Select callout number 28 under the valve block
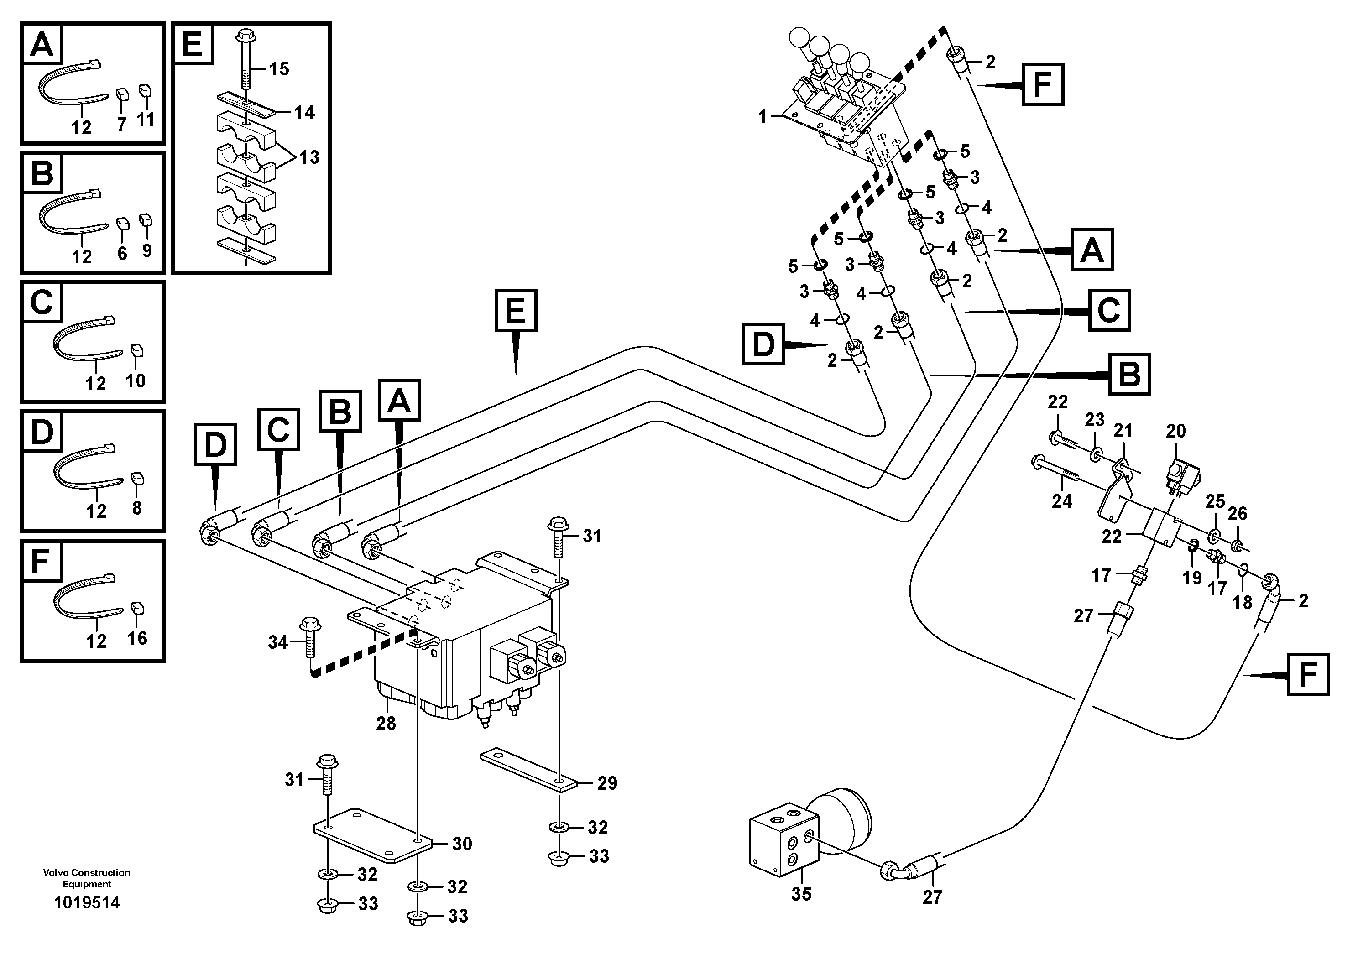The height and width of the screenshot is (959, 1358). click(386, 723)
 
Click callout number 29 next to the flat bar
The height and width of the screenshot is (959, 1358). click(607, 783)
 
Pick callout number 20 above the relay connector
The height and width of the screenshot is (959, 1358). click(1176, 431)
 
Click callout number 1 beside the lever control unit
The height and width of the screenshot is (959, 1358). click(763, 118)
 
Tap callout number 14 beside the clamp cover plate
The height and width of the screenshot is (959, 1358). click(305, 112)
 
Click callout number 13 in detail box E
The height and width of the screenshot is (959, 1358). click(309, 157)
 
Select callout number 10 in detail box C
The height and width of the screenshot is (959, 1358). click(136, 380)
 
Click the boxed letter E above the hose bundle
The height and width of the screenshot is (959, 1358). click(516, 310)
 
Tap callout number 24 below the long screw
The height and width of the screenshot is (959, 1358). click(1062, 501)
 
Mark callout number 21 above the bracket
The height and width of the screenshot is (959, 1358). click(1123, 430)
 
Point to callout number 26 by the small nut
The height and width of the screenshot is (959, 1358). click(1238, 513)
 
